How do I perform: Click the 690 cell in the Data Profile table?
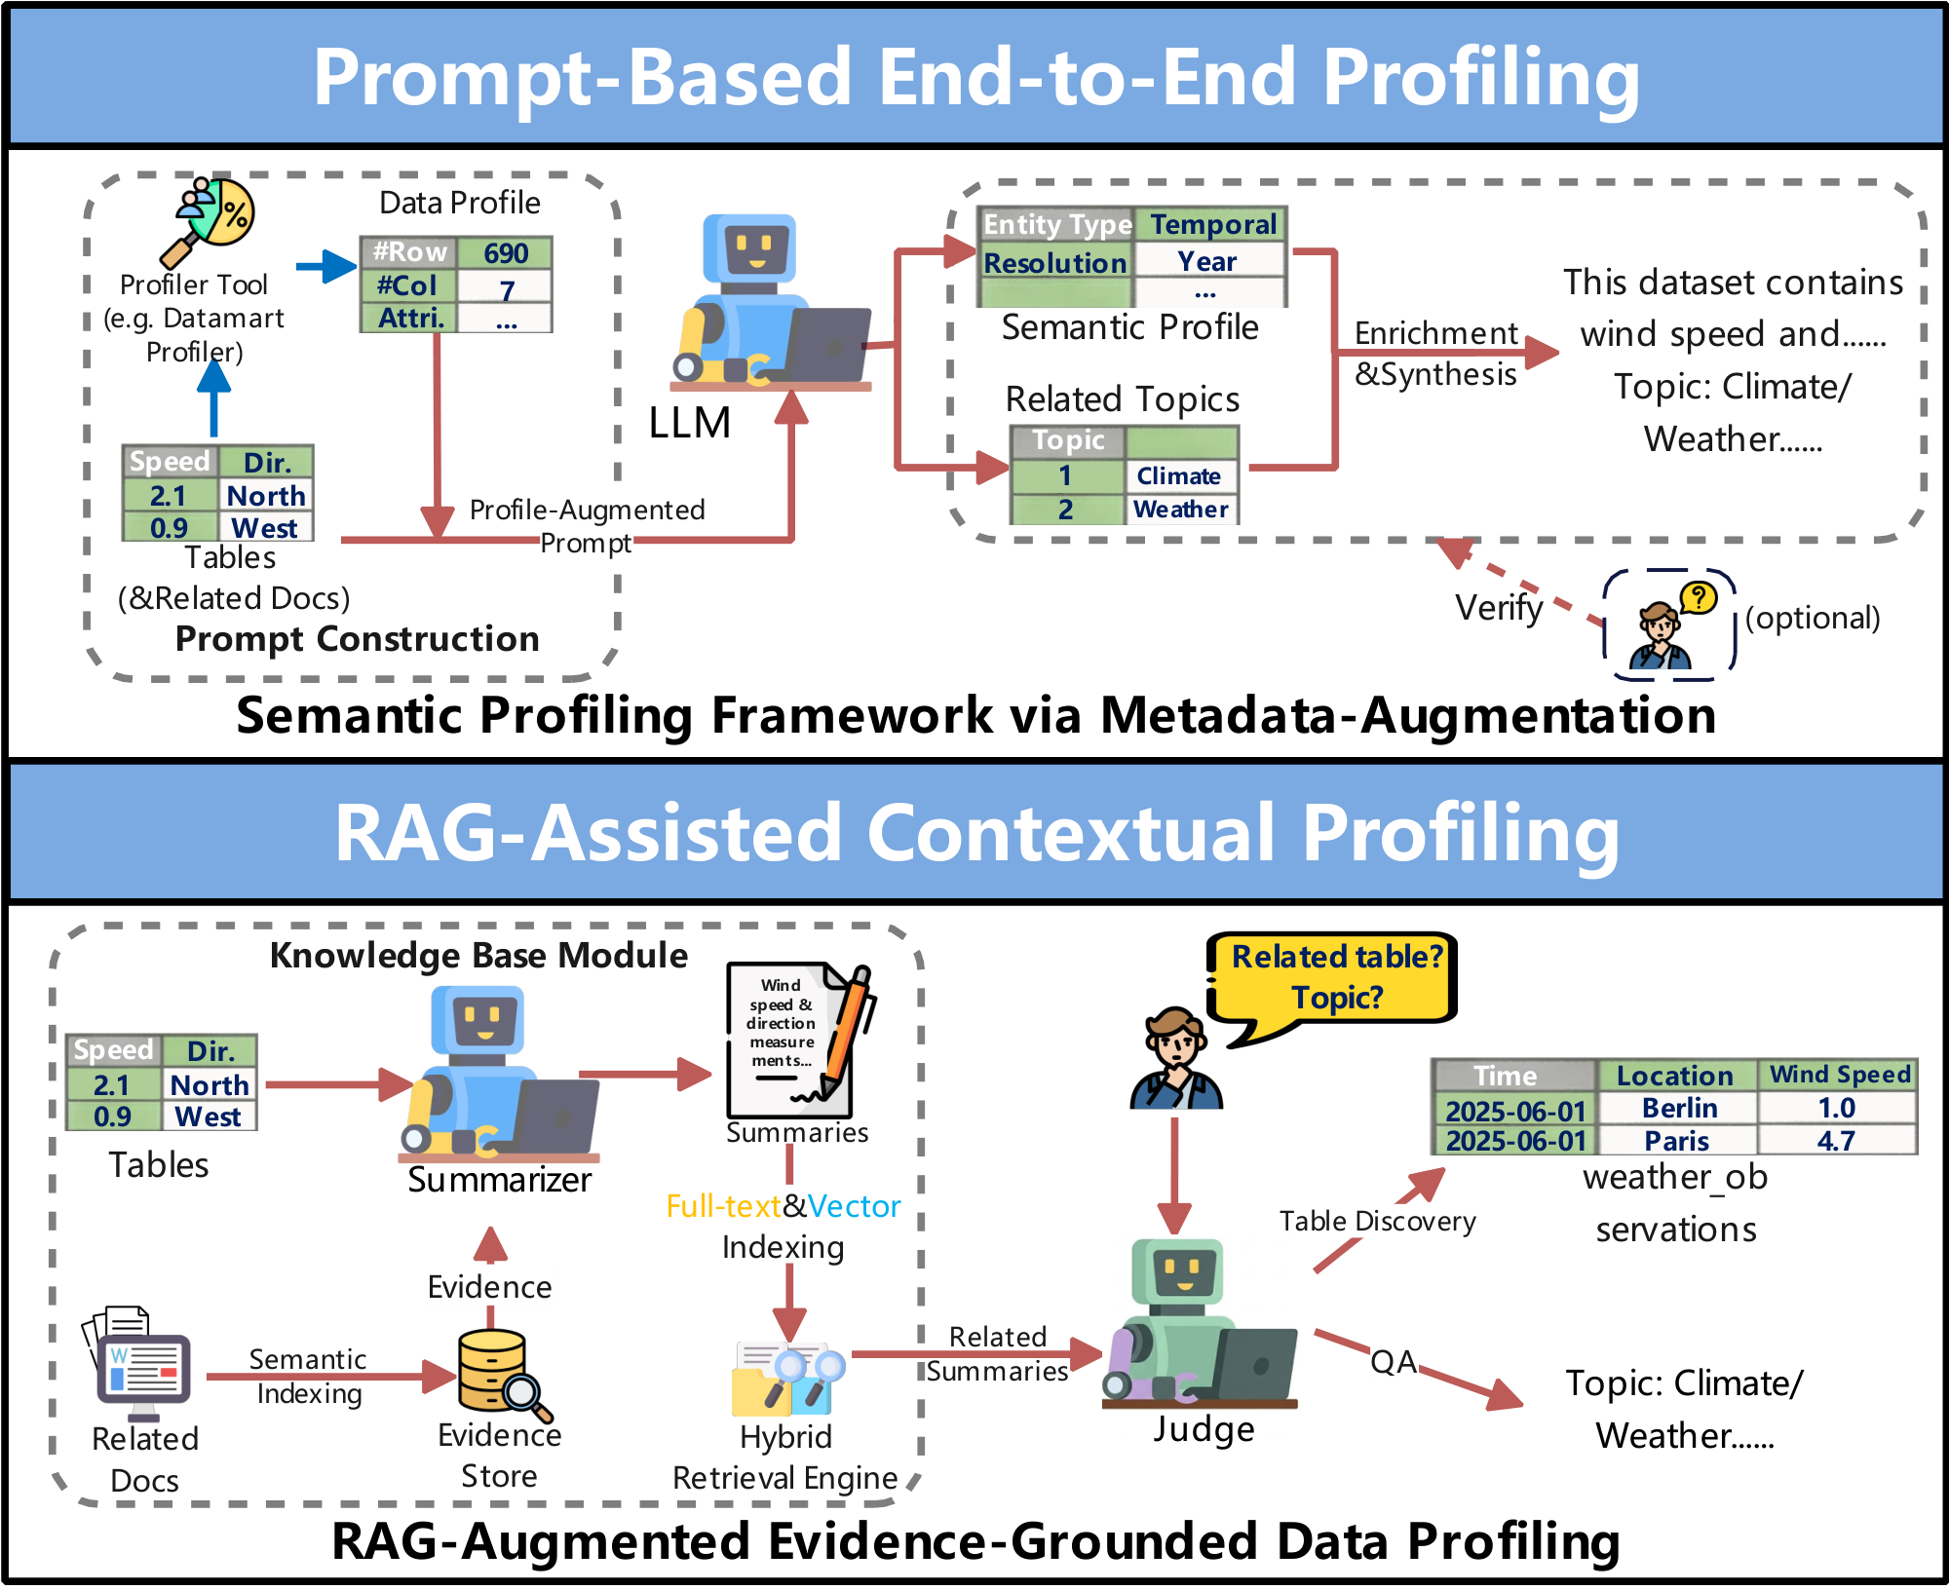click(505, 253)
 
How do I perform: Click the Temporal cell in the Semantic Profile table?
click(1212, 225)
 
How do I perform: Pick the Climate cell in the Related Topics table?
click(1178, 476)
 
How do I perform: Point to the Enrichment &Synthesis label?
click(1434, 354)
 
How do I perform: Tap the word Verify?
click(1498, 608)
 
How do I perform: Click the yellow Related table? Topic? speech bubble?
click(1335, 978)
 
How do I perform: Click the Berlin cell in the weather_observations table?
click(1678, 1108)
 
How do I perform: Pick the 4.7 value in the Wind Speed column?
click(1835, 1141)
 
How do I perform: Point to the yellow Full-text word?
click(722, 1206)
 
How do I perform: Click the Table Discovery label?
click(1376, 1222)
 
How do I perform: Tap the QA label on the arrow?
click(1393, 1362)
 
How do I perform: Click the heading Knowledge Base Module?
click(478, 956)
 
